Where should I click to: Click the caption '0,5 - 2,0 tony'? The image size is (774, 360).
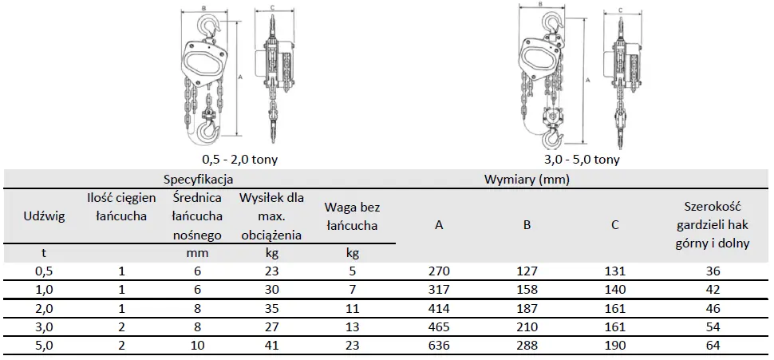239,160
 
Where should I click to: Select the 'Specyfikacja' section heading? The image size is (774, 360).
199,180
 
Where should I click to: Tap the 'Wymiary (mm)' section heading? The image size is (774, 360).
527,180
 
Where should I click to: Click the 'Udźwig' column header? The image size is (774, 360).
45,216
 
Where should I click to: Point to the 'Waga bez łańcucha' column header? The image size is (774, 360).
352,216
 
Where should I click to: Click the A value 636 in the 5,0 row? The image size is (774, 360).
439,346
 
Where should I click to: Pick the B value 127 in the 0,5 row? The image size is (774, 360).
527,271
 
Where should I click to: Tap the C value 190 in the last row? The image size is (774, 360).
614,346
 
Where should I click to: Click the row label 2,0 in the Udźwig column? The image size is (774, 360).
45,308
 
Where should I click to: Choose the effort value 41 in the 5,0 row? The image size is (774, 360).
271,346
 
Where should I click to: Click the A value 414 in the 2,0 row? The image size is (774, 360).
439,308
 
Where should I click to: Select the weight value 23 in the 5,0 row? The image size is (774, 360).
352,346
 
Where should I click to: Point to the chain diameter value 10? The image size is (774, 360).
196,346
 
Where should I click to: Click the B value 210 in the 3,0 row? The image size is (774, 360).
527,327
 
